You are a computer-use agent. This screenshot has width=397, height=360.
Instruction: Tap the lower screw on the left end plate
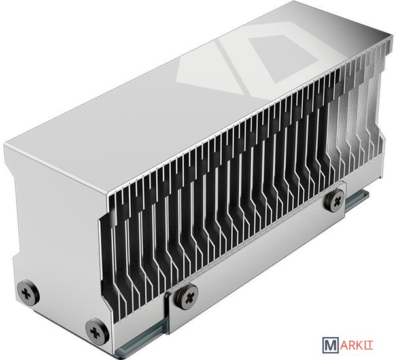click(97, 332)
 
